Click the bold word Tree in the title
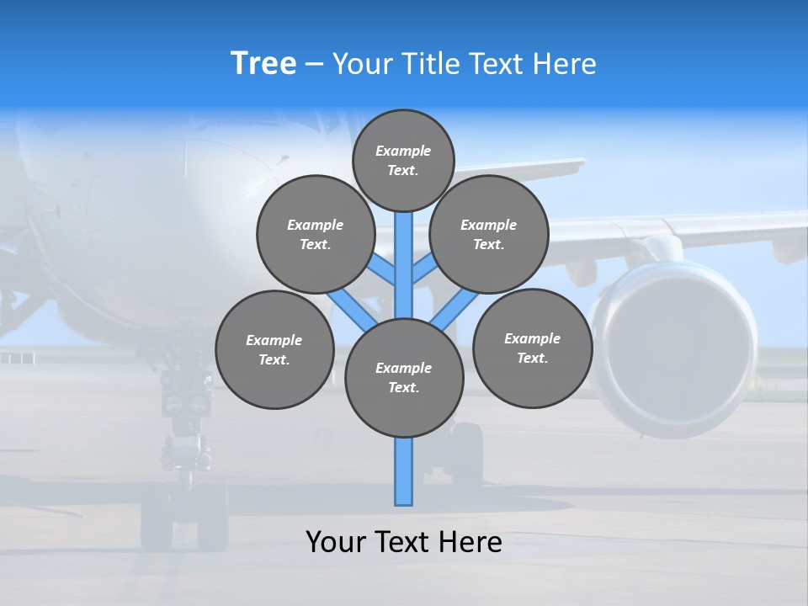263,64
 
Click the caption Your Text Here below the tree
404,542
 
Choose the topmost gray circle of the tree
403,160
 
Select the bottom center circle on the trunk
404,378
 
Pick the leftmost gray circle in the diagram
274,349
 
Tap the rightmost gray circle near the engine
532,348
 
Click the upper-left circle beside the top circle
316,234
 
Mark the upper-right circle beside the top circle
489,234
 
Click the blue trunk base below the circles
404,471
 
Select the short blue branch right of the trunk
423,270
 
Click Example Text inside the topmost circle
403,160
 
